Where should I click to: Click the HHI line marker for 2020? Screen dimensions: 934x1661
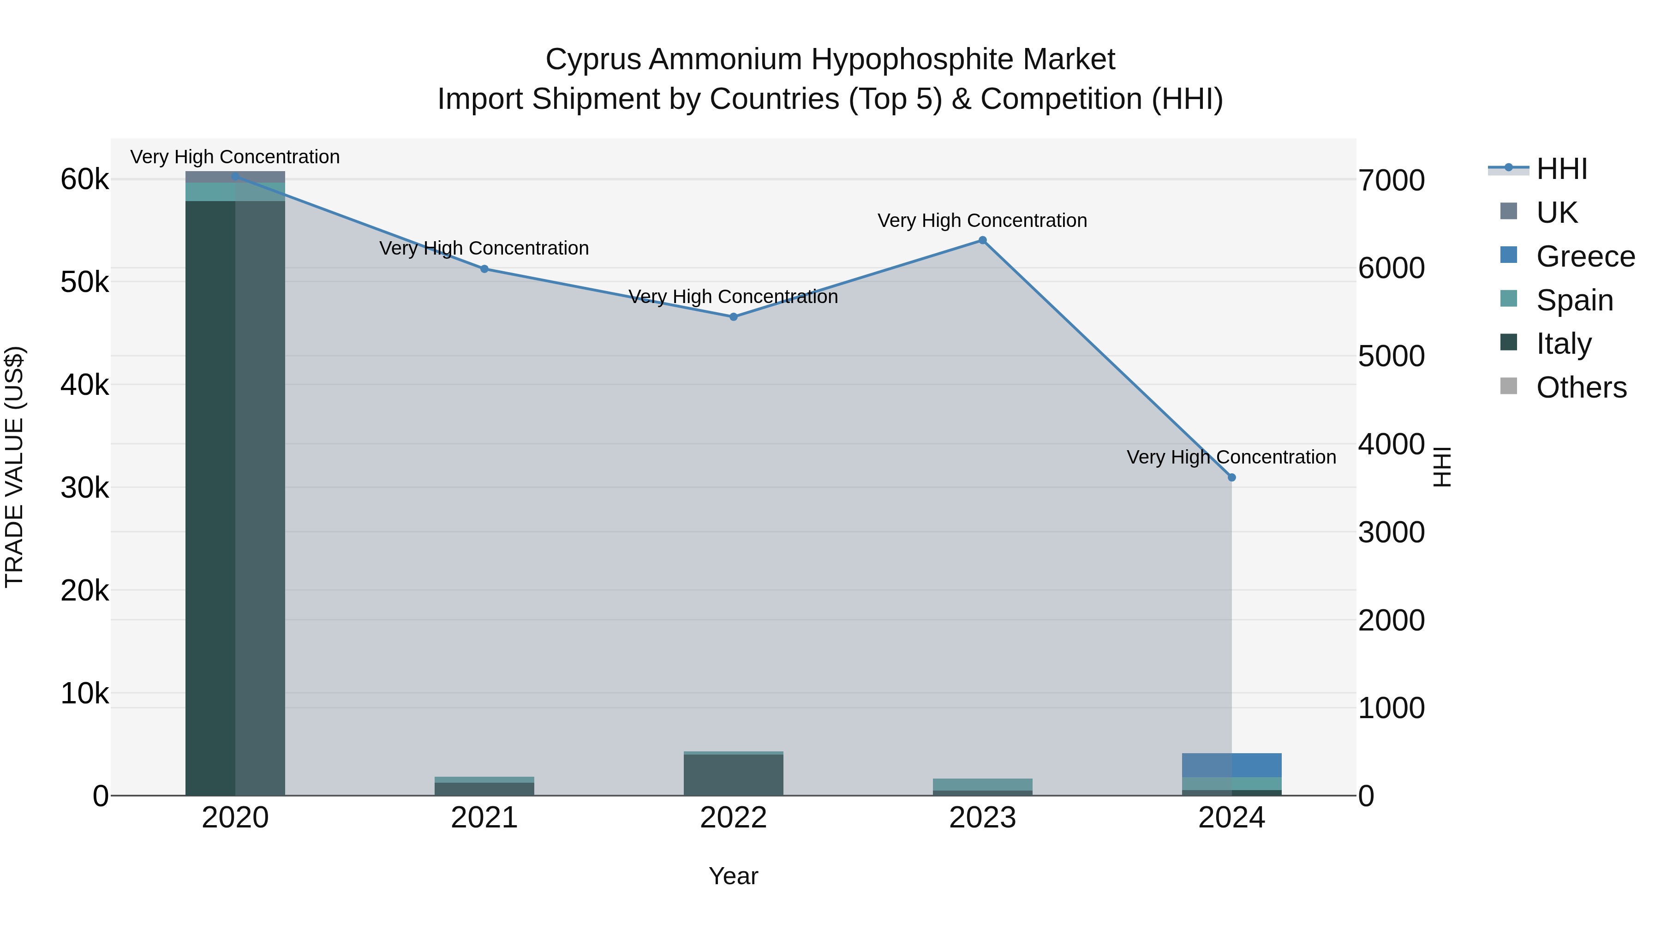pyautogui.click(x=235, y=177)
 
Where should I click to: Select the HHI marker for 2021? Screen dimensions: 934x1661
pyautogui.click(x=484, y=269)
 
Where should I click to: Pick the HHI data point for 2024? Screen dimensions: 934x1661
pyautogui.click(x=1231, y=478)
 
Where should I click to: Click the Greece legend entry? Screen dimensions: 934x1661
pyautogui.click(x=1585, y=256)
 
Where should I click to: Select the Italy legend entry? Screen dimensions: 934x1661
pyautogui.click(x=1563, y=344)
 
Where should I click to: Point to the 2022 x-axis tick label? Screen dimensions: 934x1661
pyautogui.click(x=733, y=818)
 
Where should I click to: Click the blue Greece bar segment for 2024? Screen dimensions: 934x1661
pyautogui.click(x=1231, y=765)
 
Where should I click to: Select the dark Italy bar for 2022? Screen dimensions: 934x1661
pyautogui.click(x=733, y=775)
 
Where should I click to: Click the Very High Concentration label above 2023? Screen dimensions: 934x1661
pyautogui.click(x=982, y=220)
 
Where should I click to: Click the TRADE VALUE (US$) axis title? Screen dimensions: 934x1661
pyautogui.click(x=14, y=467)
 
